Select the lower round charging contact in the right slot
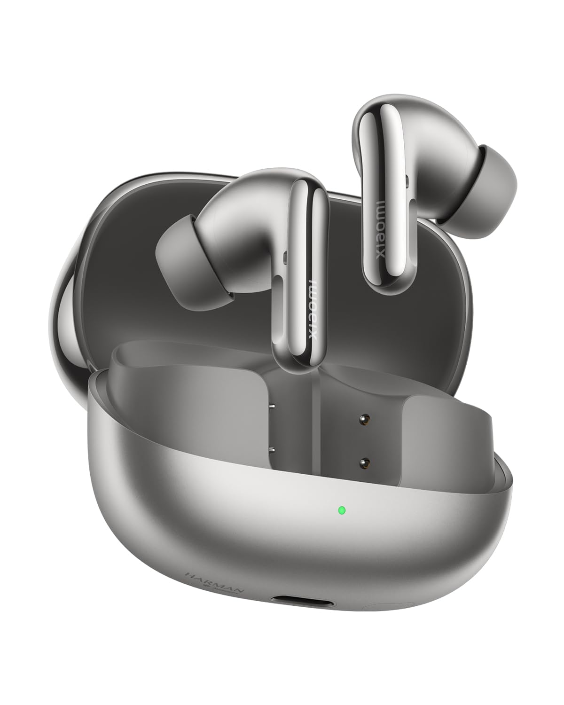(x=363, y=463)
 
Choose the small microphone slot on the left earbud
(x=285, y=257)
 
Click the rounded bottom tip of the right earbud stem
(x=383, y=284)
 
